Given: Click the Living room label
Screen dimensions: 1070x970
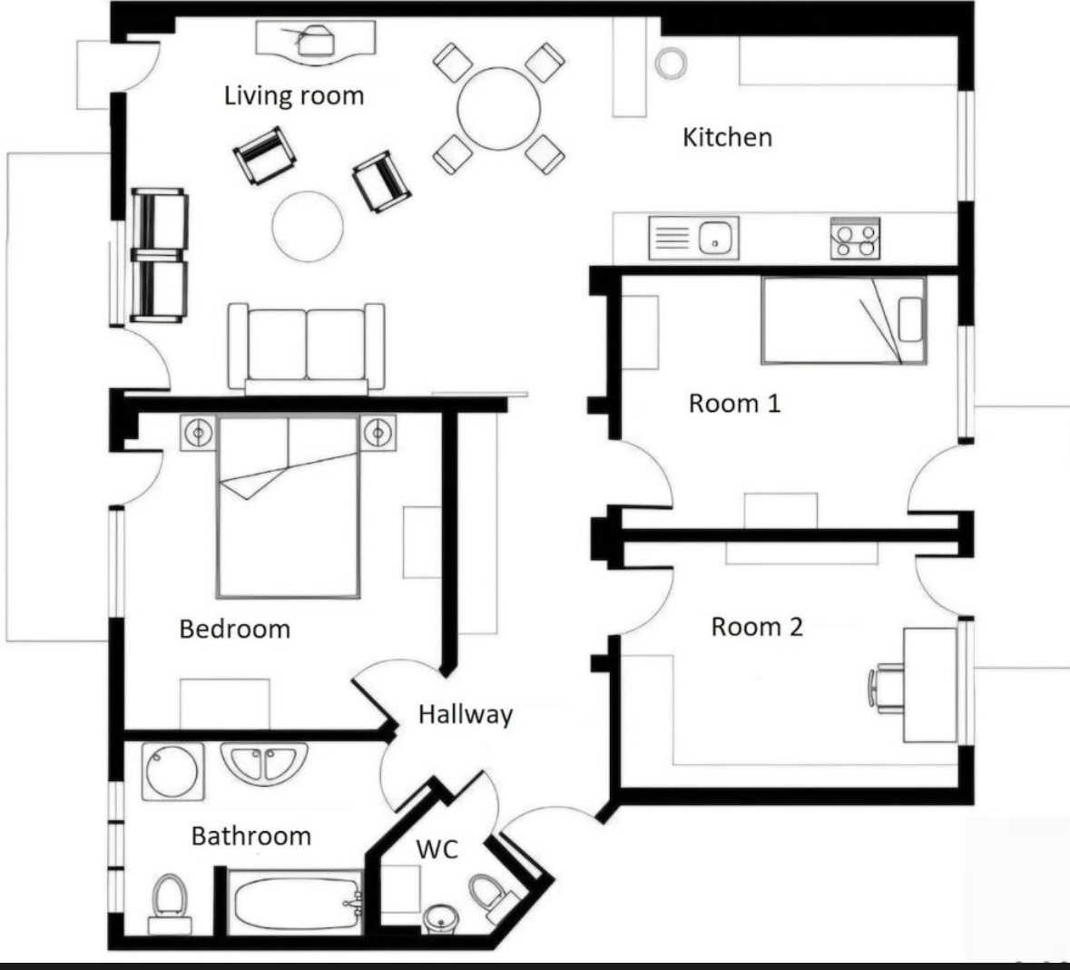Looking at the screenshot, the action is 294,95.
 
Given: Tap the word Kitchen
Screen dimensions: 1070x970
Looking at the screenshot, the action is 728,137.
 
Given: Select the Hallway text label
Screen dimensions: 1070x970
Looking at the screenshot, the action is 466,714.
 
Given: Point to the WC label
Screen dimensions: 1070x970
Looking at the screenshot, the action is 437,849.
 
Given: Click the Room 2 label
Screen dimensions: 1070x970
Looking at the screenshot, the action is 757,626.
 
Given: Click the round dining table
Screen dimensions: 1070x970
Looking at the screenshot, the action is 499,109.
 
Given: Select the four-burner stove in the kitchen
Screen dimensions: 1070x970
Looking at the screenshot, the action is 855,239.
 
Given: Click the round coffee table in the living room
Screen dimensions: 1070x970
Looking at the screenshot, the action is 308,227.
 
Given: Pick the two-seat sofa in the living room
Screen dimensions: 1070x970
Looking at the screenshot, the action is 307,348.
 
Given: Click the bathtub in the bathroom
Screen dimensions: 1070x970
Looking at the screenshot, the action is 296,903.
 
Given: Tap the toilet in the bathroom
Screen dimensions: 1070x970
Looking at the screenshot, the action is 169,904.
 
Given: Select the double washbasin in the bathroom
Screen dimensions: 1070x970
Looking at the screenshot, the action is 264,763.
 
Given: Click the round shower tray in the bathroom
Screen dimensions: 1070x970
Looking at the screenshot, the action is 172,771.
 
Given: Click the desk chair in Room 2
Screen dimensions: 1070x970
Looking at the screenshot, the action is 885,688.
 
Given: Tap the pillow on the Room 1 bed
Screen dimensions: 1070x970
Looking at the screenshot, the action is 911,319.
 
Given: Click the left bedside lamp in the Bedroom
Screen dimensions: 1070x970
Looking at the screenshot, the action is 199,433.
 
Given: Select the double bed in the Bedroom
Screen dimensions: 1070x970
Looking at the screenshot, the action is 288,505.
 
